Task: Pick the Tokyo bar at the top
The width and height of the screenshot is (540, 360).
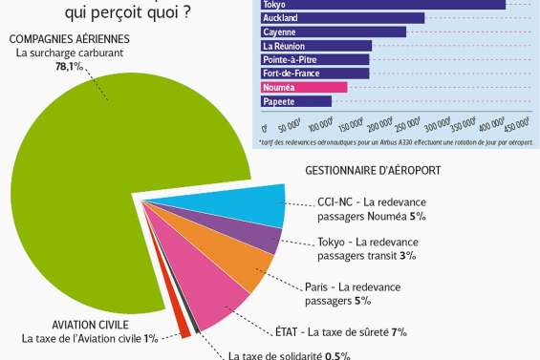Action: pyautogui.click(x=382, y=4)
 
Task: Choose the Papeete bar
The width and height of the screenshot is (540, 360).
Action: pyautogui.click(x=295, y=100)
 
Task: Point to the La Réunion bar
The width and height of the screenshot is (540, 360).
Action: pyautogui.click(x=315, y=46)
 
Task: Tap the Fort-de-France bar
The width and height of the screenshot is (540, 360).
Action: pyautogui.click(x=314, y=73)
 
